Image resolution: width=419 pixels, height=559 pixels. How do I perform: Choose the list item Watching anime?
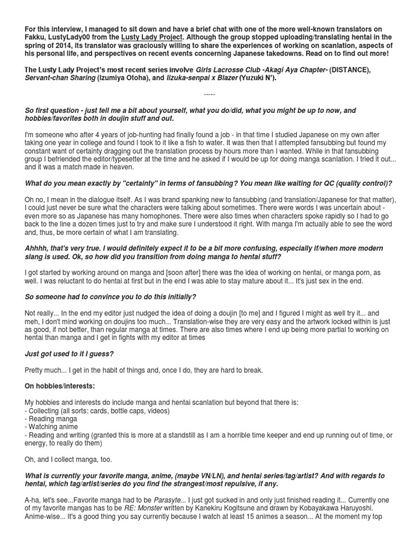[52, 426]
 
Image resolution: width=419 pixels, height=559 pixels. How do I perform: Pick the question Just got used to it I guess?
[69, 353]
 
